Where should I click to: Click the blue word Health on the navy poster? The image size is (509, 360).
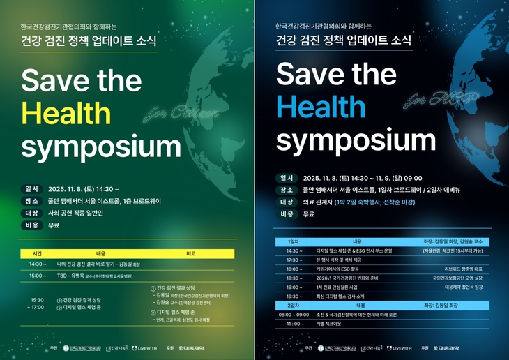(321, 107)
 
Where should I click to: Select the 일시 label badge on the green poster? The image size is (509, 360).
(32, 188)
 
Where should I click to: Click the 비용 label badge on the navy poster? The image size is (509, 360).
(287, 214)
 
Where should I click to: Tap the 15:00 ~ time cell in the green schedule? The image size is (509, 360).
(38, 276)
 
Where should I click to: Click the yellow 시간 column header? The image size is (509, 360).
(37, 253)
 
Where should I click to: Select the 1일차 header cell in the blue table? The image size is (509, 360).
(293, 241)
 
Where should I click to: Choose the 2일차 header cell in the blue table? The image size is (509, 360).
(294, 305)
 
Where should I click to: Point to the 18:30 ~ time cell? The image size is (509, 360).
(294, 278)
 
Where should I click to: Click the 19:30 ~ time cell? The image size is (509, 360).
(294, 296)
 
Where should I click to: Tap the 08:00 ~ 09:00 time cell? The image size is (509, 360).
(294, 314)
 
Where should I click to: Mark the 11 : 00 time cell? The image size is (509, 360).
(294, 324)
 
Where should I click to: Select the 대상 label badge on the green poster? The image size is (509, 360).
(32, 213)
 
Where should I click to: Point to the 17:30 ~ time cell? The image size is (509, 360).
(294, 260)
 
